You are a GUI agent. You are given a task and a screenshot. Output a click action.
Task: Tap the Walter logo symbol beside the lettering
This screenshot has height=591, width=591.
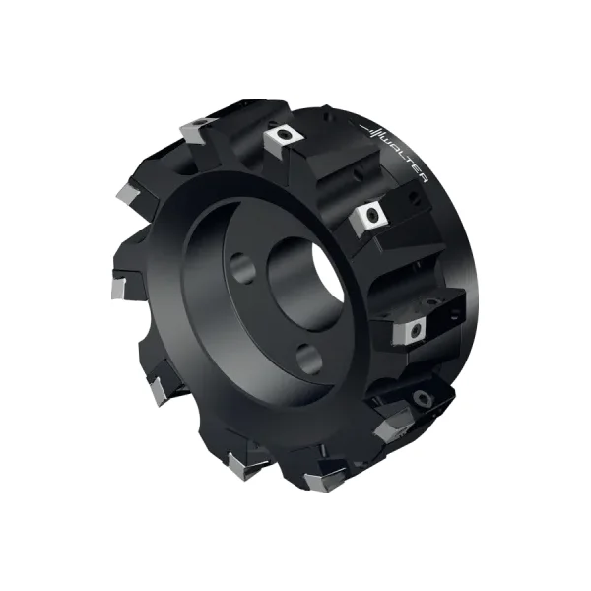pyautogui.click(x=372, y=132)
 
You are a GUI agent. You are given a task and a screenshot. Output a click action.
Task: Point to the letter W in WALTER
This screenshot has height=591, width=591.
pyautogui.click(x=387, y=140)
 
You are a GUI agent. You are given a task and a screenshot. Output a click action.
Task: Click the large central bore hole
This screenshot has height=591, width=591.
pyautogui.click(x=305, y=284)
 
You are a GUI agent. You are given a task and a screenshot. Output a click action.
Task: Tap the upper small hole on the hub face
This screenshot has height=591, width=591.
pyautogui.click(x=242, y=268)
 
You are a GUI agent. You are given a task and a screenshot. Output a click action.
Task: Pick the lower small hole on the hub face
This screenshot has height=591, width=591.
pyautogui.click(x=309, y=359)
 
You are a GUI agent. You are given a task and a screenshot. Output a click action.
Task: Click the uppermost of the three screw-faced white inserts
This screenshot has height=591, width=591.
pyautogui.click(x=283, y=139)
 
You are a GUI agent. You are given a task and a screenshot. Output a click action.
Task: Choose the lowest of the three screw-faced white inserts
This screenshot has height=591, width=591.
pyautogui.click(x=410, y=332)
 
